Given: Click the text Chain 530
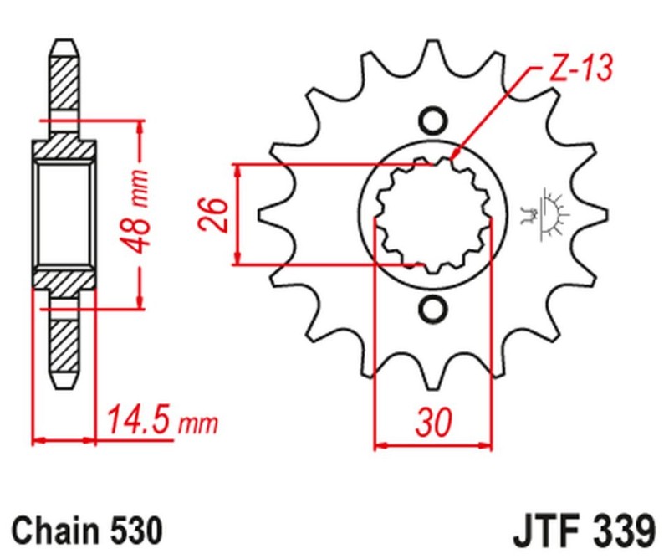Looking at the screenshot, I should click(85, 531).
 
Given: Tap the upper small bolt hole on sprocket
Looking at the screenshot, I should click(433, 120).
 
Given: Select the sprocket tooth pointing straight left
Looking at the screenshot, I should click(270, 213).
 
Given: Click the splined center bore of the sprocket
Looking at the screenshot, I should click(432, 213).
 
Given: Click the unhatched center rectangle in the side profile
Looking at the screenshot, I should click(64, 213).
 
